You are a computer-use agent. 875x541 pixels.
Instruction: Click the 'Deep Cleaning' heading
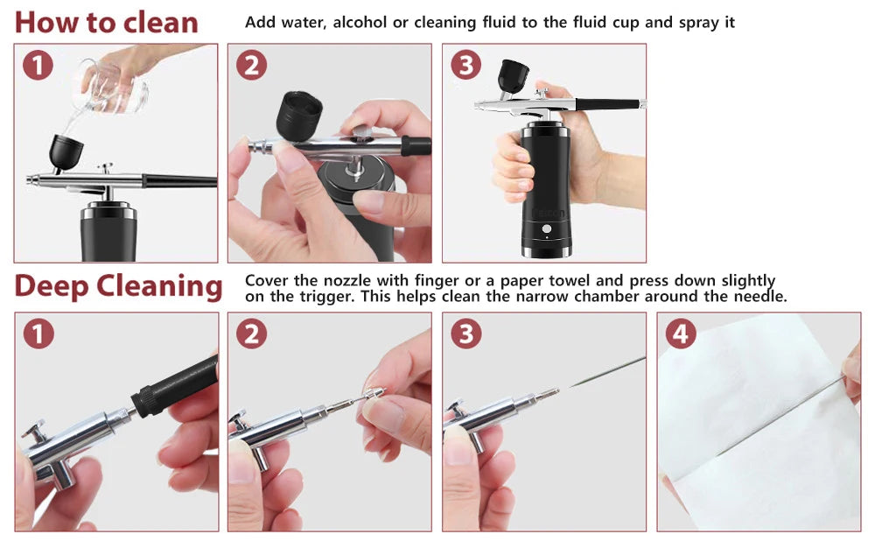(x=118, y=286)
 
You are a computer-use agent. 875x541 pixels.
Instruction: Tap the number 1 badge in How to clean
(x=38, y=66)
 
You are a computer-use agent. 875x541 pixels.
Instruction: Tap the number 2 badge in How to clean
(x=251, y=66)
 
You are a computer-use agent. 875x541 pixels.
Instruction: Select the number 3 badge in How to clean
(x=465, y=66)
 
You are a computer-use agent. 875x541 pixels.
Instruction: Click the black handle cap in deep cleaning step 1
(x=175, y=386)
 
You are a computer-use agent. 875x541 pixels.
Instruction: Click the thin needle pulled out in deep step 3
(x=604, y=372)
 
